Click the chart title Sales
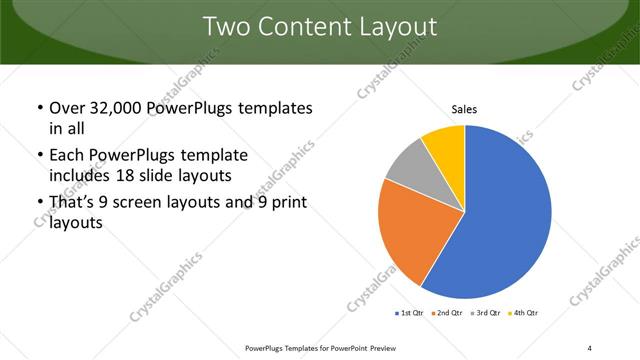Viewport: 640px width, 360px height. click(466, 108)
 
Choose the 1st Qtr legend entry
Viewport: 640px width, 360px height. click(411, 314)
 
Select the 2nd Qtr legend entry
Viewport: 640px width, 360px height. click(448, 314)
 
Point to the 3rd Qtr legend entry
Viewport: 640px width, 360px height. click(486, 314)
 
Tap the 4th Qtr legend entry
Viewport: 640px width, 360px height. click(523, 314)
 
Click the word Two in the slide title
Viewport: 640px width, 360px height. click(226, 27)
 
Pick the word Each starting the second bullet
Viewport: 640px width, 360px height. click(66, 156)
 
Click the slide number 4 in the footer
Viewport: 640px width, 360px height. click(590, 347)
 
